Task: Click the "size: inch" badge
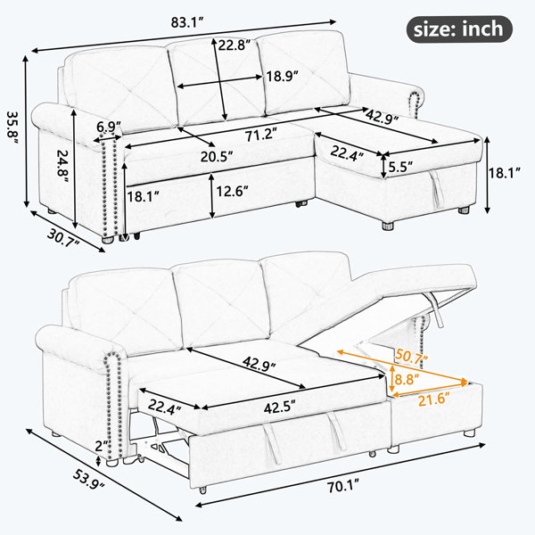tap(459, 29)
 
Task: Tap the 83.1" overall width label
tap(187, 22)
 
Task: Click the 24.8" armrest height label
tap(63, 165)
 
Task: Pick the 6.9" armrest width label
tap(109, 127)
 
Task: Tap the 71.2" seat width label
tap(259, 135)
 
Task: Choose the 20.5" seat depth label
tap(217, 157)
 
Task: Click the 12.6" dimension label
tap(232, 191)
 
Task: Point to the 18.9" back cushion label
tap(283, 76)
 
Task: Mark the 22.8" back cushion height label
tap(235, 45)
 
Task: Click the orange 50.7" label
tap(411, 358)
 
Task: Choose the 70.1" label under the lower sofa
tap(343, 486)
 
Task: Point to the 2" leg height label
tap(101, 446)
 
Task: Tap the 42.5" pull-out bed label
tap(279, 407)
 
